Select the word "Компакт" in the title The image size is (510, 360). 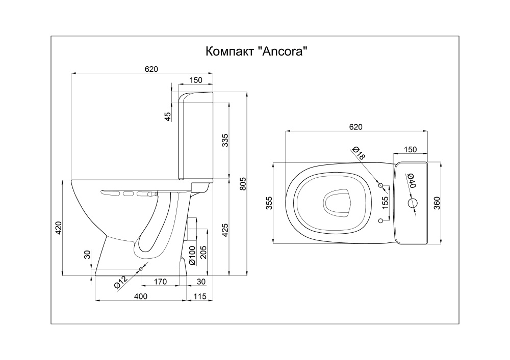pyautogui.click(x=229, y=51)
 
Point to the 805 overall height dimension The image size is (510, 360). pyautogui.click(x=243, y=184)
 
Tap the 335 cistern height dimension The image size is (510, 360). pyautogui.click(x=225, y=140)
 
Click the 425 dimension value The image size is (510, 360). pyautogui.click(x=225, y=230)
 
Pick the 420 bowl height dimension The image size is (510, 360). pyautogui.click(x=58, y=228)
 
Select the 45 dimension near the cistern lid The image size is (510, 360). pyautogui.click(x=167, y=117)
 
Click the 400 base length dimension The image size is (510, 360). pyautogui.click(x=141, y=296)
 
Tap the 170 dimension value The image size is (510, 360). pyautogui.click(x=160, y=282)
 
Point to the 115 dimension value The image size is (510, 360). pyautogui.click(x=200, y=296)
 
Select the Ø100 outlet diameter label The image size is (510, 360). pyautogui.click(x=192, y=256)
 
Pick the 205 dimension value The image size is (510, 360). pyautogui.click(x=203, y=252)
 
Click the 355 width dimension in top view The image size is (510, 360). pyautogui.click(x=269, y=203)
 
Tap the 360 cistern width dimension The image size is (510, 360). pyautogui.click(x=437, y=203)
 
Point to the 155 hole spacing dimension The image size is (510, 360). pyautogui.click(x=385, y=203)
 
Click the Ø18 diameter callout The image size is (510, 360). pyautogui.click(x=359, y=153)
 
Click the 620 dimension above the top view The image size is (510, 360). pyautogui.click(x=355, y=127)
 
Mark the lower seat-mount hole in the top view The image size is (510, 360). pyautogui.click(x=380, y=221)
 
